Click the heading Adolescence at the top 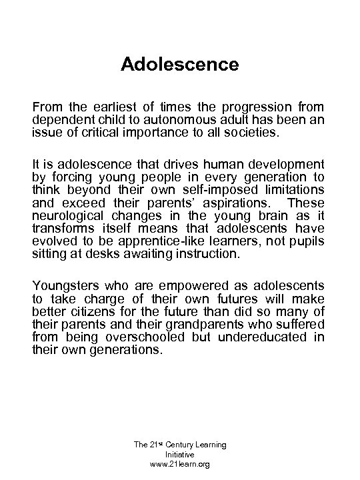pos(179,65)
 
